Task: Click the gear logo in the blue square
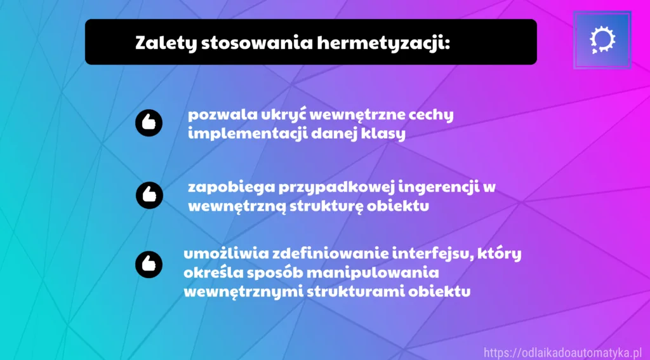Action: click(601, 39)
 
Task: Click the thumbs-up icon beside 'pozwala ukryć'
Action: click(149, 123)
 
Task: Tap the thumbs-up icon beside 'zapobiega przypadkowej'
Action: click(149, 194)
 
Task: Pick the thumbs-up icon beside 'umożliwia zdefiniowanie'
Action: click(149, 263)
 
